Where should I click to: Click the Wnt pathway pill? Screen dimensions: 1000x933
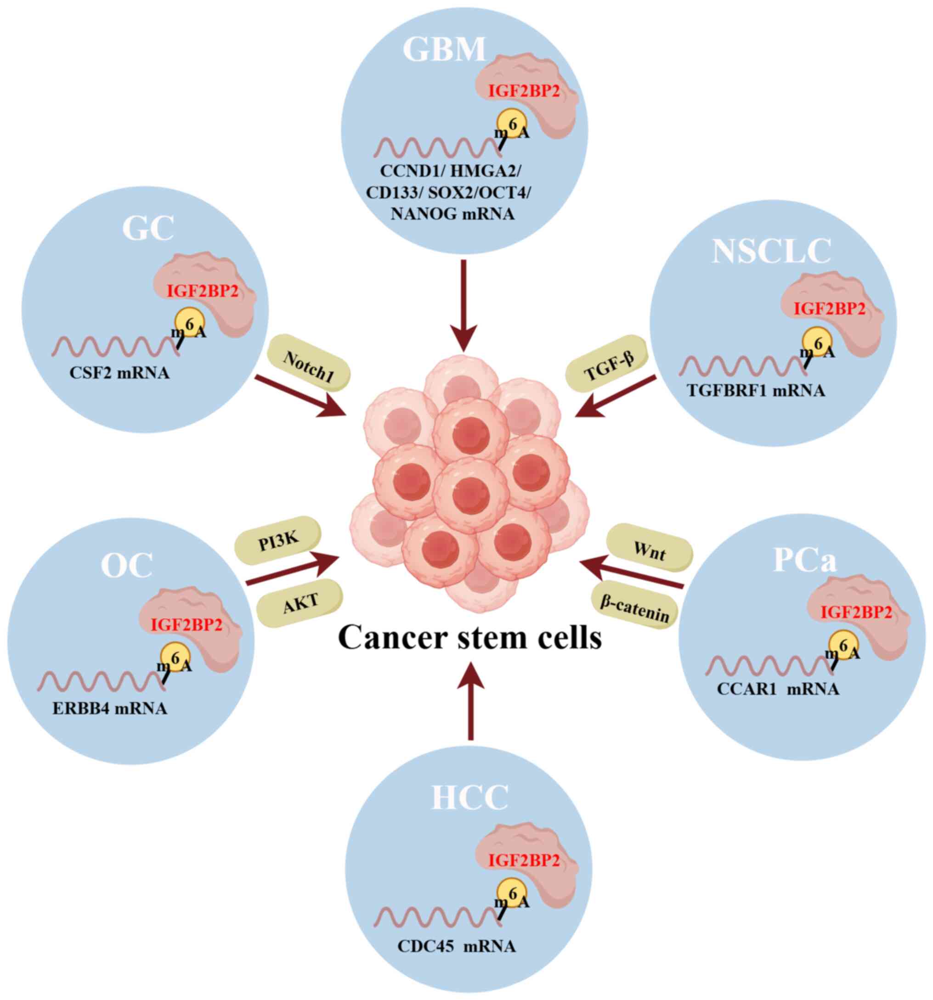point(650,548)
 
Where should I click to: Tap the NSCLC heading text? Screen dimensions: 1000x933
point(770,251)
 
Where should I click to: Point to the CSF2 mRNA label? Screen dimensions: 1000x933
point(119,373)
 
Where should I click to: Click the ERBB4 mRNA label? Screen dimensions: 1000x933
point(110,709)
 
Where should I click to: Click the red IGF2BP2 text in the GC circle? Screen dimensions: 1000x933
point(202,291)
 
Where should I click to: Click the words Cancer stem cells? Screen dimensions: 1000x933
point(470,638)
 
